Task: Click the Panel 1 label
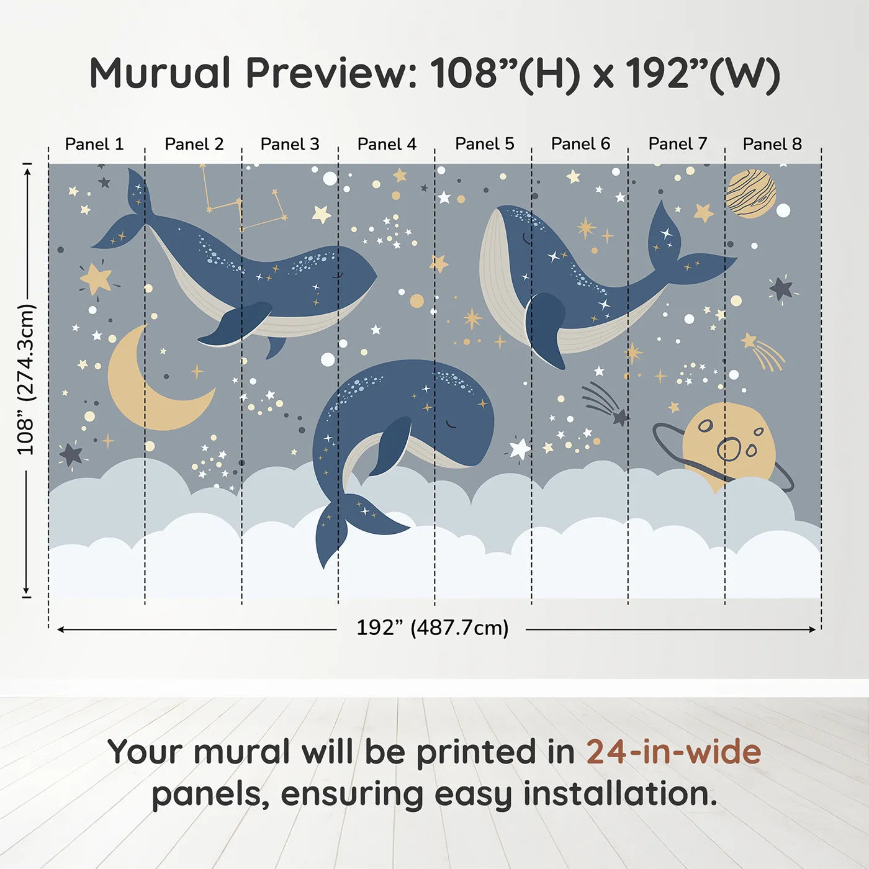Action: pos(94,144)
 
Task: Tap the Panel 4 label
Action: pos(387,144)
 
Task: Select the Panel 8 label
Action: pos(772,144)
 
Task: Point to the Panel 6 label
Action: pos(580,144)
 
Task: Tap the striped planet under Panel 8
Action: pos(750,194)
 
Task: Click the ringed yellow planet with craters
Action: pos(729,444)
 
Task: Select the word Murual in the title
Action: pos(160,73)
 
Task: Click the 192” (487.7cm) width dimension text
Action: pos(432,628)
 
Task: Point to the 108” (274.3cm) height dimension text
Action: pos(26,379)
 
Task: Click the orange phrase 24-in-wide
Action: pos(673,752)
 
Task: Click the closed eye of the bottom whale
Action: pos(452,425)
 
